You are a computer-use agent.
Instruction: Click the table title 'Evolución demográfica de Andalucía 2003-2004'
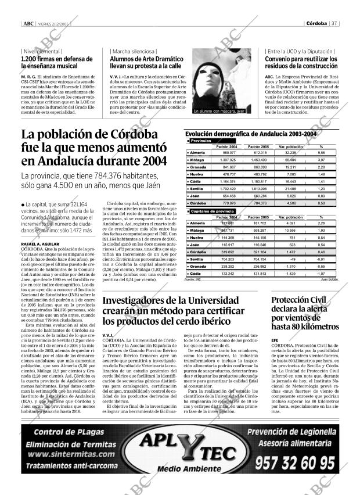point(250,134)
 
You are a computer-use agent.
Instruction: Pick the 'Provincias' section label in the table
point(201,141)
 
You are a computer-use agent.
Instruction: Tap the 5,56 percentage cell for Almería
point(321,152)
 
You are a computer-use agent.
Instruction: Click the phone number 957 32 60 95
point(296,462)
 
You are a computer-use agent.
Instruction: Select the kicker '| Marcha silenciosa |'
point(130,51)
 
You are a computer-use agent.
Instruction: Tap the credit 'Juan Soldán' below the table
point(329,279)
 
